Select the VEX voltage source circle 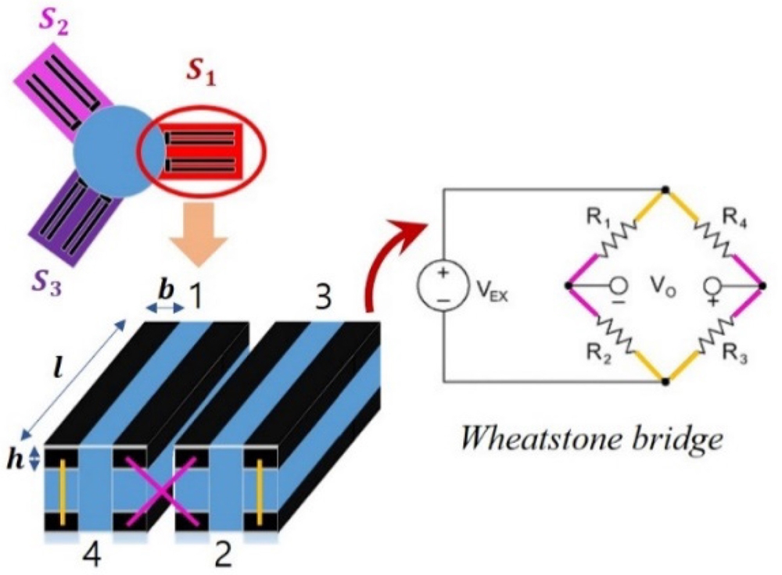click(443, 287)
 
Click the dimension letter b click(166, 289)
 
